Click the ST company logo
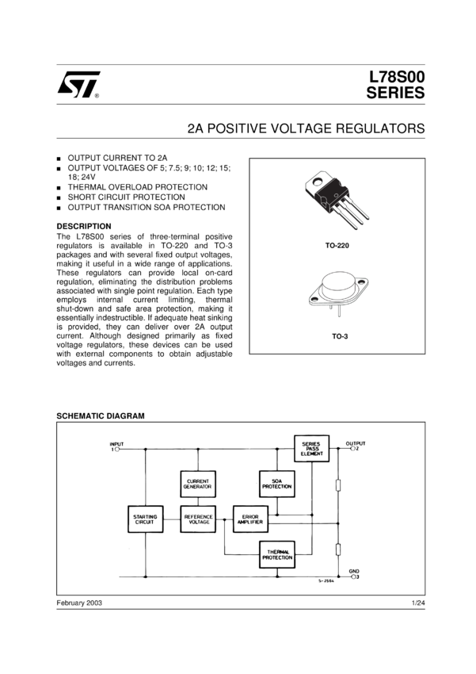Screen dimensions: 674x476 tap(78, 85)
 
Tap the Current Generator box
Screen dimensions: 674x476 tap(198, 484)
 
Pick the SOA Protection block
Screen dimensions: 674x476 tap(277, 484)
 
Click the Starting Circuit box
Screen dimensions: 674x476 tap(146, 520)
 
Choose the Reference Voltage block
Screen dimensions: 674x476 tap(198, 520)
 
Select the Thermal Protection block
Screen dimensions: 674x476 tap(277, 555)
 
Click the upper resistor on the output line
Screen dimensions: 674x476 tap(338, 486)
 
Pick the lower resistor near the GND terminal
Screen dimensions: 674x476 tap(338, 549)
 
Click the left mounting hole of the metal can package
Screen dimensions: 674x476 tap(314, 299)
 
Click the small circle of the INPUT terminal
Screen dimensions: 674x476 tap(119, 449)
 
